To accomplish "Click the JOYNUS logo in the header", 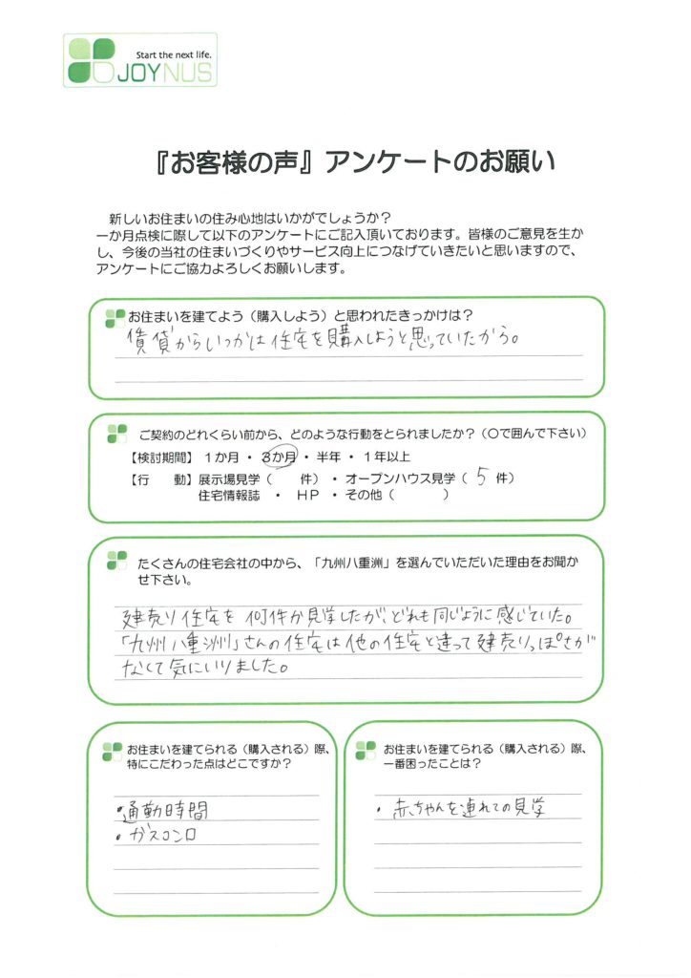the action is (140, 60).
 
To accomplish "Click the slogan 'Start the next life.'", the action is (173, 54).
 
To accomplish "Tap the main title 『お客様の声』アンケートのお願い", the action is (355, 162).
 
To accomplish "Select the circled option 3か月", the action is (279, 457).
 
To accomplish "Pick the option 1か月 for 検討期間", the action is (221, 457).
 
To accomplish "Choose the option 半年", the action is (328, 457).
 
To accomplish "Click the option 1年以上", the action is (387, 457).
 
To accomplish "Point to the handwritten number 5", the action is (481, 478).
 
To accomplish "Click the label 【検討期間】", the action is (161, 457).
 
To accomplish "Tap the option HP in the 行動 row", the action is (308, 496).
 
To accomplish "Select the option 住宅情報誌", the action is (229, 496).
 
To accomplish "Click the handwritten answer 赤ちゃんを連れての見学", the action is (469, 808).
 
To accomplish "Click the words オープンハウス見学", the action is (400, 479).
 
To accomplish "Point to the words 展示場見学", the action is (229, 479).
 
